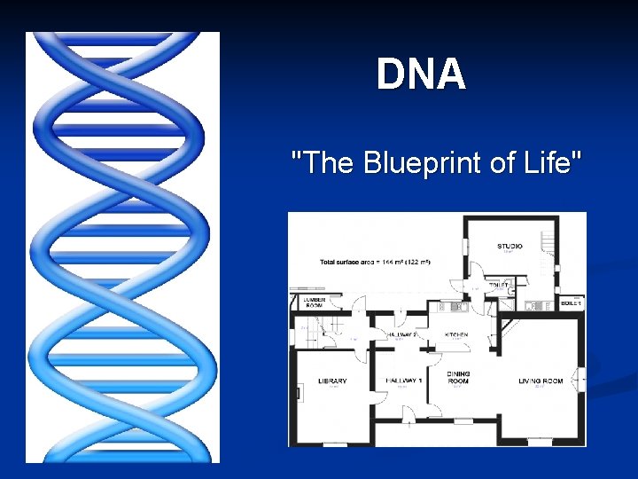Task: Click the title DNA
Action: [421, 75]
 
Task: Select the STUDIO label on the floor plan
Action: [510, 246]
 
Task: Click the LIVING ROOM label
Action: [541, 381]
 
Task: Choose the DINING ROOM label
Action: [458, 378]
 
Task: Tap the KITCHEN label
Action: [455, 334]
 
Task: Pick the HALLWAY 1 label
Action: [403, 381]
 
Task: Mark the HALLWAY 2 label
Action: [403, 334]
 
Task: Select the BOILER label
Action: [571, 303]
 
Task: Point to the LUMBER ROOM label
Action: [314, 303]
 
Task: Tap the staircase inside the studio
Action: [547, 248]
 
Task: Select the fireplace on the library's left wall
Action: [298, 390]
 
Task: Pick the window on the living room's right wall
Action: [582, 380]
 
